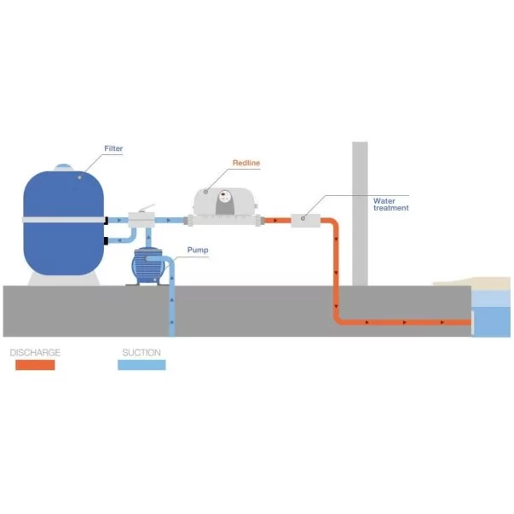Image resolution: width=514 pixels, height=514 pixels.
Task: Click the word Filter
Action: tap(113, 149)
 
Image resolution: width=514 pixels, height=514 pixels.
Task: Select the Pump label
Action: tap(198, 251)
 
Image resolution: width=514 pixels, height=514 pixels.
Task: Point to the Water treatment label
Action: tap(390, 204)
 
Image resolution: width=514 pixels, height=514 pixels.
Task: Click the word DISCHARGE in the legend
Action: tap(35, 352)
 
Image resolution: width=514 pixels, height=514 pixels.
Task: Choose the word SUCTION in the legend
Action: tap(140, 352)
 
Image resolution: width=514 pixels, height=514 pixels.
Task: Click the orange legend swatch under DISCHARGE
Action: tap(35, 364)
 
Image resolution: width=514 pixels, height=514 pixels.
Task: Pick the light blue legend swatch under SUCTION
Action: tap(141, 364)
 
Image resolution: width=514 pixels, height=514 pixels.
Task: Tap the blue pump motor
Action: tap(145, 265)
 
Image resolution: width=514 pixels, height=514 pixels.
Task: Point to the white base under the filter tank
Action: tap(64, 278)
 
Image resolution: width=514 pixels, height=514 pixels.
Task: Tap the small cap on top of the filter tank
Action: tap(64, 166)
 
